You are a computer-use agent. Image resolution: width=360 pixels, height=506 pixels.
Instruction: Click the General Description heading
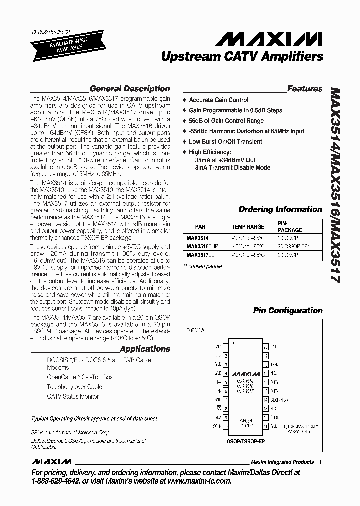click(130, 89)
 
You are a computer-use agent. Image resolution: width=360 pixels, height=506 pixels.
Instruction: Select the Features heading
click(305, 89)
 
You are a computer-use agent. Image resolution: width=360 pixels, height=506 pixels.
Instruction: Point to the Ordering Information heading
click(280, 209)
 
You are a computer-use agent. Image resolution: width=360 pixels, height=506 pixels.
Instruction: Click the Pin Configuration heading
click(288, 310)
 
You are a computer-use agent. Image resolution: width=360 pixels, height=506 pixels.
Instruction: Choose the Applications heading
click(145, 349)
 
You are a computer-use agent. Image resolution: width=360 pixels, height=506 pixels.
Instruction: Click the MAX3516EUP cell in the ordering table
click(202, 246)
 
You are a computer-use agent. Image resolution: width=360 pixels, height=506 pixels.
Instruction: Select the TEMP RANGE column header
click(248, 227)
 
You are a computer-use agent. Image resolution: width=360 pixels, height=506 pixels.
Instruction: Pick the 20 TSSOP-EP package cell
click(294, 246)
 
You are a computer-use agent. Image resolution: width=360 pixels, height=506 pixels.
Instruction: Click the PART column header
click(202, 227)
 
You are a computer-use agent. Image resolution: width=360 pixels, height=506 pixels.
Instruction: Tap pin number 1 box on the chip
click(225, 346)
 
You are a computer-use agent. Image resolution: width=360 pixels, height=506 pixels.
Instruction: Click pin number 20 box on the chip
click(266, 346)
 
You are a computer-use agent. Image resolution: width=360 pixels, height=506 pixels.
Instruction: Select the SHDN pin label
click(275, 417)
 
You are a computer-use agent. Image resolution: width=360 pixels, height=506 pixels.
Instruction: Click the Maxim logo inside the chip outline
click(246, 374)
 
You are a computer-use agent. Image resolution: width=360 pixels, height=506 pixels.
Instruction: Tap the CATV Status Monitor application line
click(73, 396)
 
